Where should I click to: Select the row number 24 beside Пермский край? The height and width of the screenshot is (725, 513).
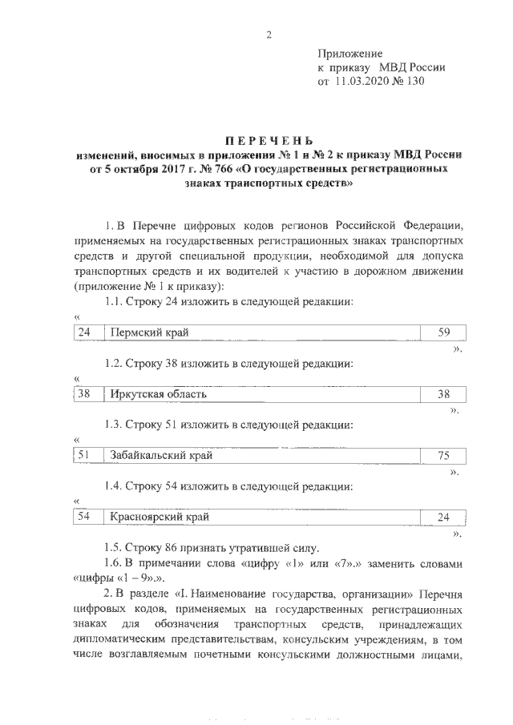(x=85, y=332)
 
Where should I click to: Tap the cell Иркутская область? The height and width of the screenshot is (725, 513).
(x=159, y=394)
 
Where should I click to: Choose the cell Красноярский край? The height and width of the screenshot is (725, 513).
(x=160, y=518)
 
